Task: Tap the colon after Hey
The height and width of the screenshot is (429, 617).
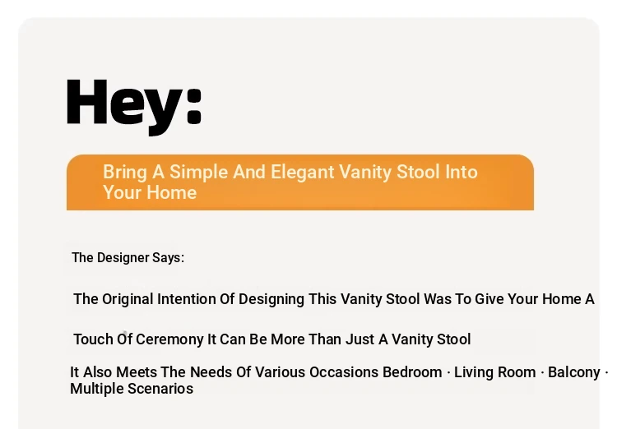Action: [194, 105]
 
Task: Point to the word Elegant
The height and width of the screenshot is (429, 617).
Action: [303, 173]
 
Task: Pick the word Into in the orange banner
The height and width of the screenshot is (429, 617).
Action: [462, 172]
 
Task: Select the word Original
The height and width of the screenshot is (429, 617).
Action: [128, 299]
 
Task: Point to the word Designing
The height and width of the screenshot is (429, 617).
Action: [271, 299]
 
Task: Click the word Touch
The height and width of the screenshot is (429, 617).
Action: [93, 339]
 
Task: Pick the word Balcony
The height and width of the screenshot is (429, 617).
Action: [574, 373]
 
